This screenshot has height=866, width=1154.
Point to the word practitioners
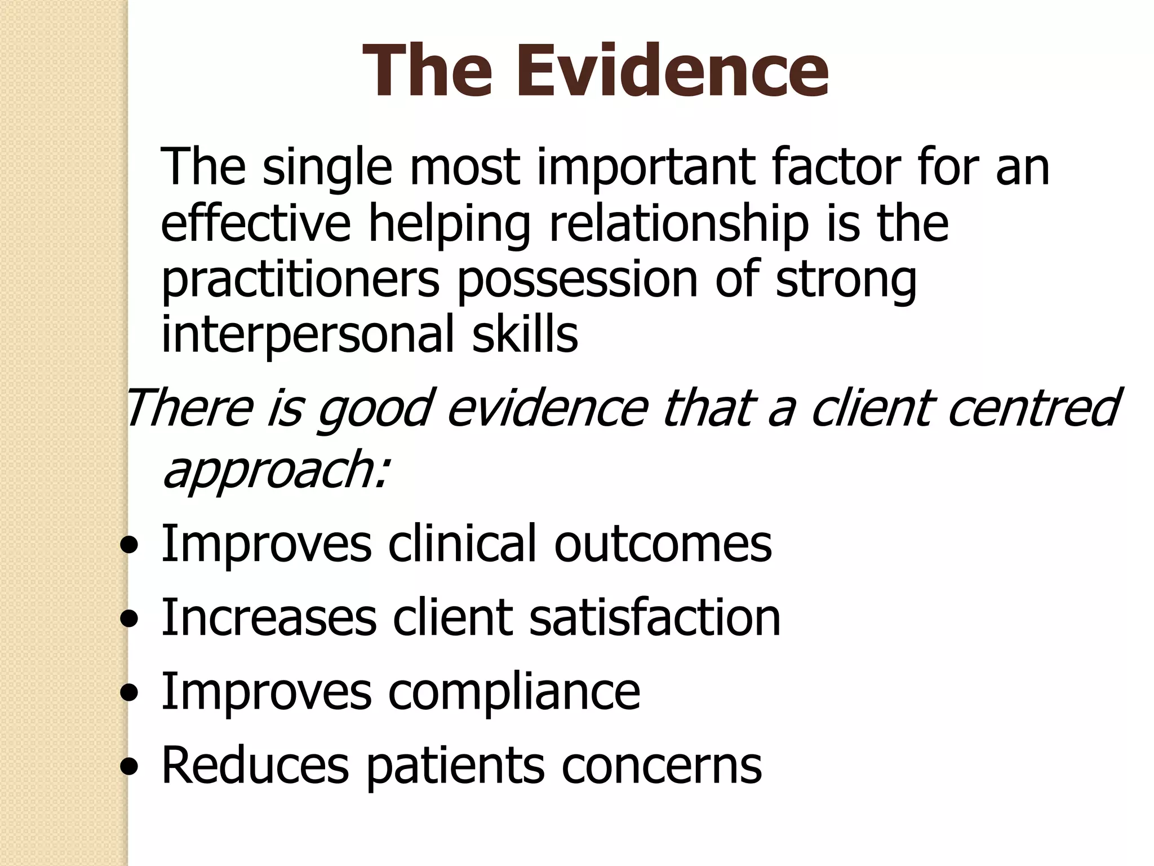coord(300,280)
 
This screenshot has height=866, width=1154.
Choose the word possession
coord(577,280)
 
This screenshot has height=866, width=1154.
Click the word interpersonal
coord(308,335)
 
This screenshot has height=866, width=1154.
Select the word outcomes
coord(663,544)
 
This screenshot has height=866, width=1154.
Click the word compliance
coord(514,692)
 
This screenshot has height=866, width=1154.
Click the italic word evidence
coord(548,407)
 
